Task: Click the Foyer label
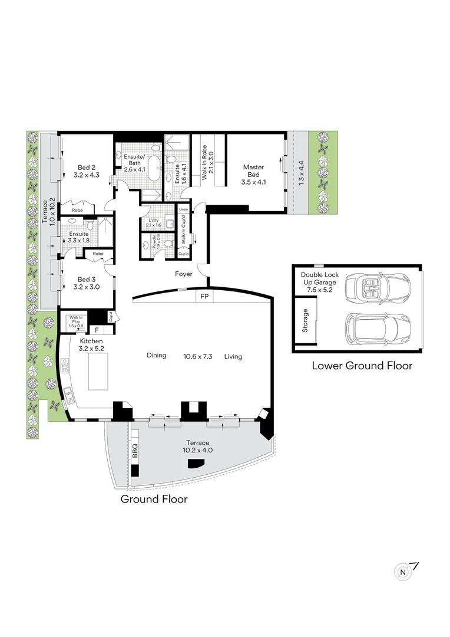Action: (x=184, y=274)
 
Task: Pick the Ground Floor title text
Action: (x=154, y=499)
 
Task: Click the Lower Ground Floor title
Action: (x=362, y=366)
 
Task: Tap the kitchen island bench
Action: (x=99, y=373)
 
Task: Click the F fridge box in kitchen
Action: (x=97, y=330)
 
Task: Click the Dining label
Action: (x=157, y=356)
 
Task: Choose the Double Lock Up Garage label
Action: (x=320, y=283)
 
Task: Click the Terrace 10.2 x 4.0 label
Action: (x=197, y=446)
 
